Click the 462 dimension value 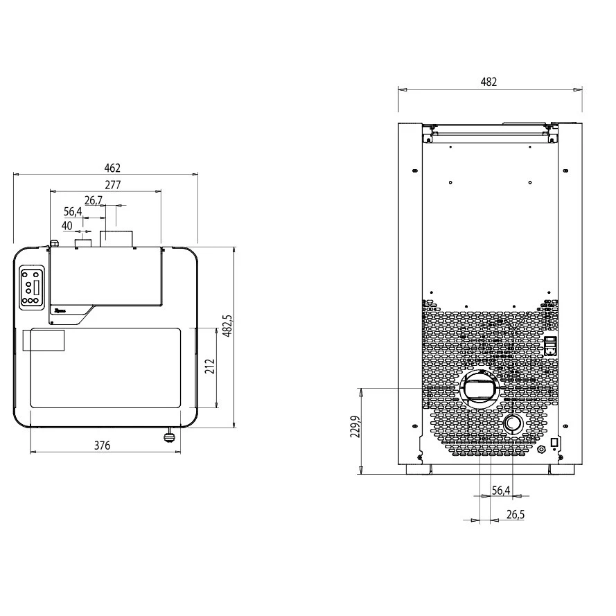coord(112,168)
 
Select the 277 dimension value coord(113,185)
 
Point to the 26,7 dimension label coord(94,201)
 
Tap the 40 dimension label coord(67,226)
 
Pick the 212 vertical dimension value coord(211,366)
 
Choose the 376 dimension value coord(102,446)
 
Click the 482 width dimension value coord(489,82)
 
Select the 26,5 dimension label coord(516,515)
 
